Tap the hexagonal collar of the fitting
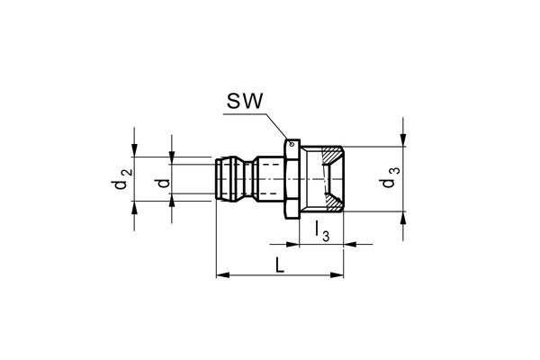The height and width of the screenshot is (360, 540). tap(291, 179)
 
